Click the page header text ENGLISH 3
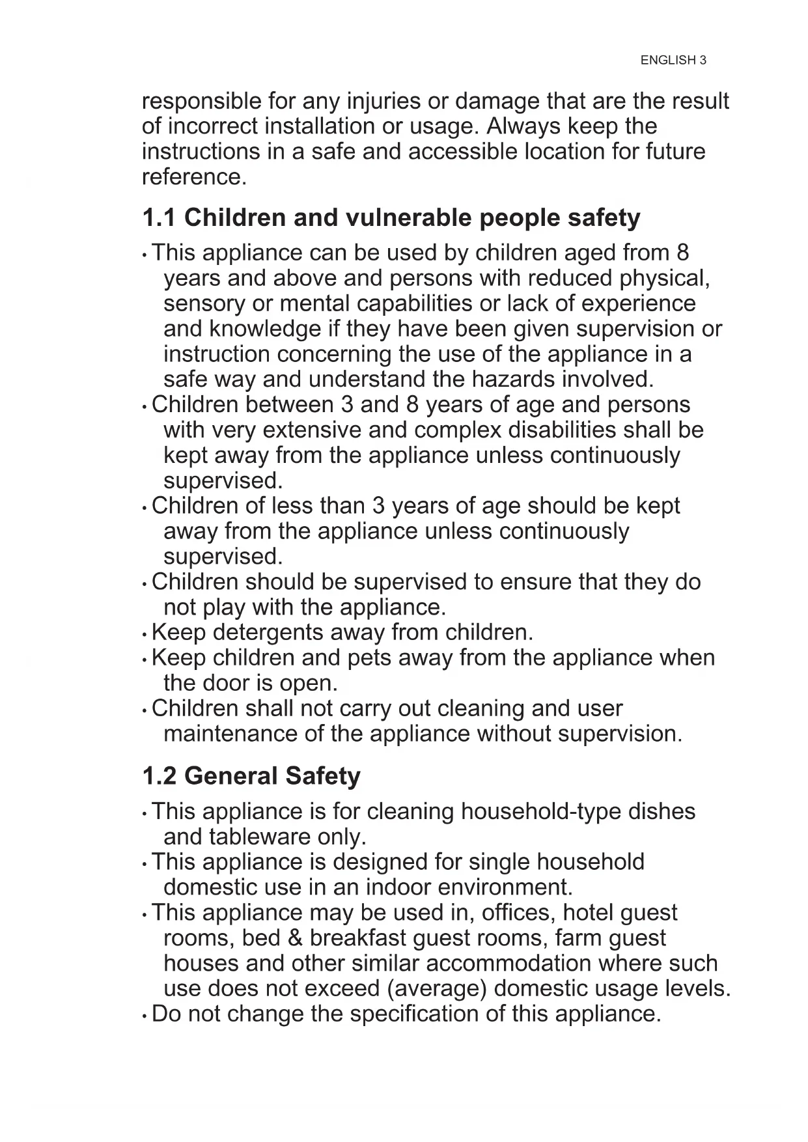(673, 61)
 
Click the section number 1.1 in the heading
(159, 218)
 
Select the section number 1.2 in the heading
(159, 776)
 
